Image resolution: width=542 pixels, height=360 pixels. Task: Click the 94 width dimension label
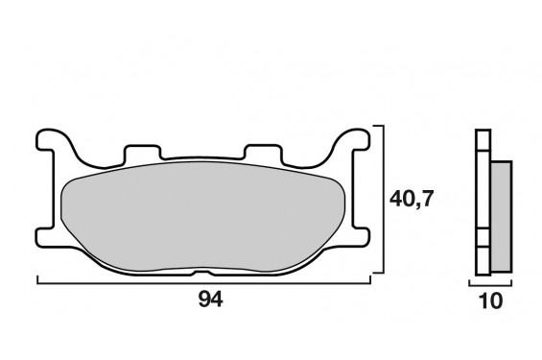tap(210, 300)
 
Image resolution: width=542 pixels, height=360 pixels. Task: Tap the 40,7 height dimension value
tap(412, 199)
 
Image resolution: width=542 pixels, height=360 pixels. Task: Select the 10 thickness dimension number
tap(491, 300)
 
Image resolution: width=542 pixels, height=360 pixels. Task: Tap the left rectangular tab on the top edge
tap(142, 154)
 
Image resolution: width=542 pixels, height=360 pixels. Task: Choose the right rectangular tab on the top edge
tap(263, 153)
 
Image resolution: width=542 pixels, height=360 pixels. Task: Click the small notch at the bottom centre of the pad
tap(203, 274)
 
